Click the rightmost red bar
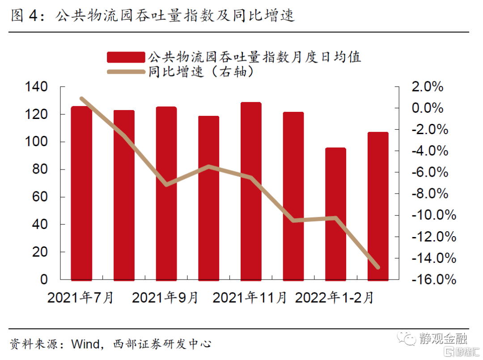pyautogui.click(x=378, y=206)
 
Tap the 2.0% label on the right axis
pyautogui.click(x=427, y=87)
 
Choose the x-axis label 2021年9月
pyautogui.click(x=165, y=298)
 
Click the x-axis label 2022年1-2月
pyautogui.click(x=334, y=298)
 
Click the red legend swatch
pyautogui.click(x=126, y=57)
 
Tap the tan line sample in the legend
pyautogui.click(x=126, y=72)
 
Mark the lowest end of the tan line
pyautogui.click(x=378, y=267)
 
